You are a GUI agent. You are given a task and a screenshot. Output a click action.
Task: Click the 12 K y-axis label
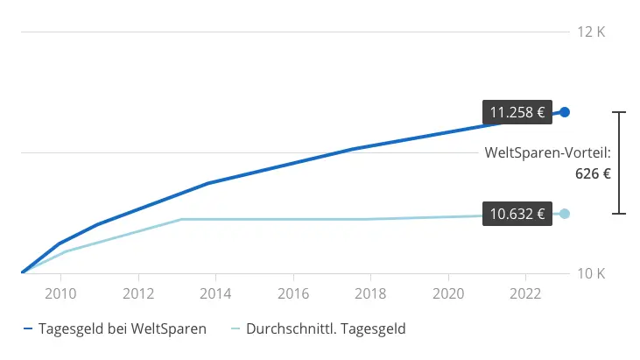591,32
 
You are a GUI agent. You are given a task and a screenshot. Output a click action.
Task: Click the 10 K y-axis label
591,273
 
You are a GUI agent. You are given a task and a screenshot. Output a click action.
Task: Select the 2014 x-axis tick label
216,291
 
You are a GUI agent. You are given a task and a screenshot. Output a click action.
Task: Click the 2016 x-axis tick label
293,291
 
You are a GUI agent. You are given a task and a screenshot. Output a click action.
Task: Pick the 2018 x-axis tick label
371,291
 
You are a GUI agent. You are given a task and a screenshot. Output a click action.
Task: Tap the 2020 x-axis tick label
448,291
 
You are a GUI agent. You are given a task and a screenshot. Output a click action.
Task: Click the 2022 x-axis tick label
526,291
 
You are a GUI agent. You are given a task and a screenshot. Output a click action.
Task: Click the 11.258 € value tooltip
517,112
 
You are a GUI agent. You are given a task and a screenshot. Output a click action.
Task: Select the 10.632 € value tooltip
517,214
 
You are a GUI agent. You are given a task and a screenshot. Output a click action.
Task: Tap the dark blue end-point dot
565,112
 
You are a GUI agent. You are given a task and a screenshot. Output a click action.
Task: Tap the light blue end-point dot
565,214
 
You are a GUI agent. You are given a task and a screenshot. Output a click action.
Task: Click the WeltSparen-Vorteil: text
547,153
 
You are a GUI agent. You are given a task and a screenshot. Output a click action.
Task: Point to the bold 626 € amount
592,173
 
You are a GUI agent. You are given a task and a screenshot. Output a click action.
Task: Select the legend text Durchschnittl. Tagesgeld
326,329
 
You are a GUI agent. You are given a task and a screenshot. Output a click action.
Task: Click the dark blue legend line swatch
28,330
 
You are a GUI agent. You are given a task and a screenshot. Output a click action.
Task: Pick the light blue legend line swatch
235,330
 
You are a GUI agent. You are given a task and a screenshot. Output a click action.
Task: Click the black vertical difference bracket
620,163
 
